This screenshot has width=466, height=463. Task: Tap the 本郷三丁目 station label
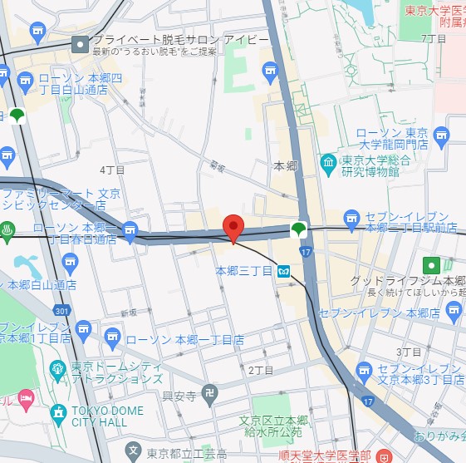coord(244,271)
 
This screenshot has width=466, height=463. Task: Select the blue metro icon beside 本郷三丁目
coord(283,271)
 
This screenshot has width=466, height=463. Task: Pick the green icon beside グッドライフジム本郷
coord(432,266)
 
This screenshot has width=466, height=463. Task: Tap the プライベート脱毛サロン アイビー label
coord(180,40)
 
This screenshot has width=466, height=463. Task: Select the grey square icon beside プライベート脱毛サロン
coord(80,45)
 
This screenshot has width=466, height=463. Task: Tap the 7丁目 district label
coord(434,38)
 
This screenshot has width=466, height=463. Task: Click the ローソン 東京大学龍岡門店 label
coord(392,138)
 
